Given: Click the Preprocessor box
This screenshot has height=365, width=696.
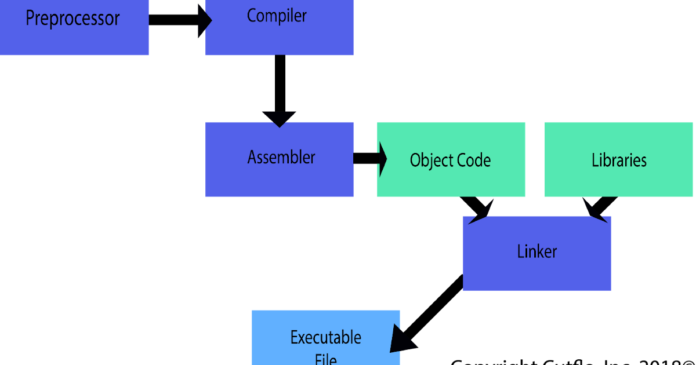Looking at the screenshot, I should point(74,27).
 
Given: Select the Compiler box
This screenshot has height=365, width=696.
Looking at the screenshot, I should point(279,27).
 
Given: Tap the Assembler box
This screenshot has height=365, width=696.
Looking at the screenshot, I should point(279,159).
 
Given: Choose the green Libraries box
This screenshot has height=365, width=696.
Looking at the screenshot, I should point(618,159).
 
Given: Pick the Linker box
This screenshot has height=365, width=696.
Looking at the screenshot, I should point(536,253).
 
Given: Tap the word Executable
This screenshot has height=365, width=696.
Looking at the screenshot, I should point(325,337).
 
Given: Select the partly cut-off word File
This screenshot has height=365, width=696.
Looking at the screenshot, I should point(325,359).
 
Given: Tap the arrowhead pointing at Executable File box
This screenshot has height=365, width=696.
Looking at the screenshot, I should point(397,339).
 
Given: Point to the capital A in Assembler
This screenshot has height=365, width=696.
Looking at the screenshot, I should point(252,157).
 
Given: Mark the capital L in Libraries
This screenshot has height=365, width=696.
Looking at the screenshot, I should point(595,160).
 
